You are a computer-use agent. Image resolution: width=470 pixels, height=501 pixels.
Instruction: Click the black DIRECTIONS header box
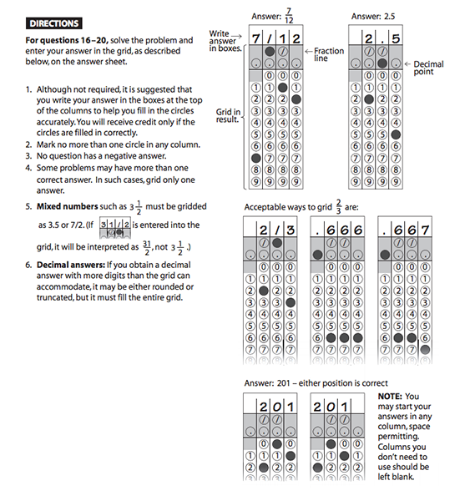coord(53,23)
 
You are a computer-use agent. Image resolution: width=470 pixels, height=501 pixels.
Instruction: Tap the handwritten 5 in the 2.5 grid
coord(396,37)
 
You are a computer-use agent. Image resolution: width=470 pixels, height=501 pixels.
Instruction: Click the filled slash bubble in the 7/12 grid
coord(270,51)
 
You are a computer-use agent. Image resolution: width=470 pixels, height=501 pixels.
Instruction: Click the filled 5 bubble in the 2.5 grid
coord(396,133)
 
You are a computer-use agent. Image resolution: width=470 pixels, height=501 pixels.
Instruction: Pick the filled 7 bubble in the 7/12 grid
coord(256,156)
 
